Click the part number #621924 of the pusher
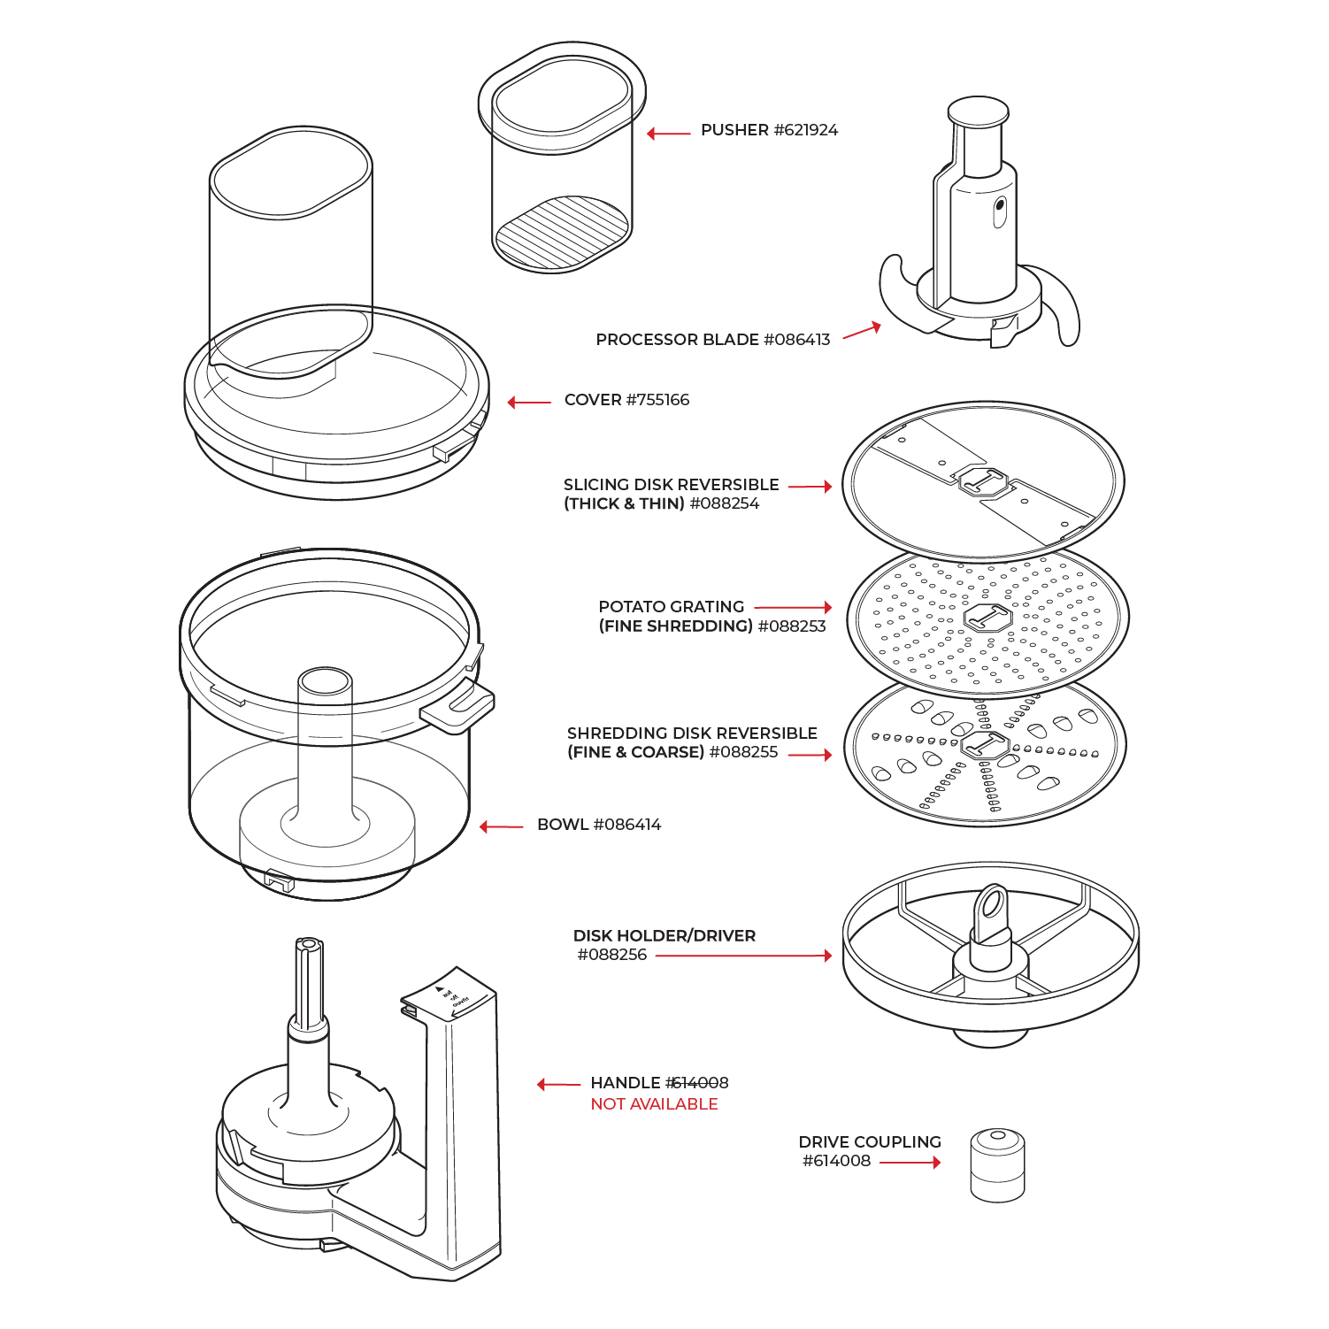(x=805, y=130)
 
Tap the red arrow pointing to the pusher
(x=668, y=134)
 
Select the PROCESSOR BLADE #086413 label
(x=712, y=340)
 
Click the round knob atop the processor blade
(x=978, y=112)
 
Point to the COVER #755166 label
(x=626, y=400)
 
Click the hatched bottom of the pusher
(x=562, y=232)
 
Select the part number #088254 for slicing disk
(x=724, y=504)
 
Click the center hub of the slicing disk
(x=983, y=483)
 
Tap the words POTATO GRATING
(x=671, y=607)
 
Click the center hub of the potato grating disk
(x=987, y=618)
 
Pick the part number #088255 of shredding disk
(x=743, y=752)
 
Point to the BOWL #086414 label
(x=599, y=825)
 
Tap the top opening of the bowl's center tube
(x=325, y=681)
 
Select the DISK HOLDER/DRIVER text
(x=664, y=936)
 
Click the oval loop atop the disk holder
(x=992, y=905)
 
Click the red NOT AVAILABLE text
(x=654, y=1104)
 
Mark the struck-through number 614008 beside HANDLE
(x=697, y=1083)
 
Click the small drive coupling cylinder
(x=997, y=1164)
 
